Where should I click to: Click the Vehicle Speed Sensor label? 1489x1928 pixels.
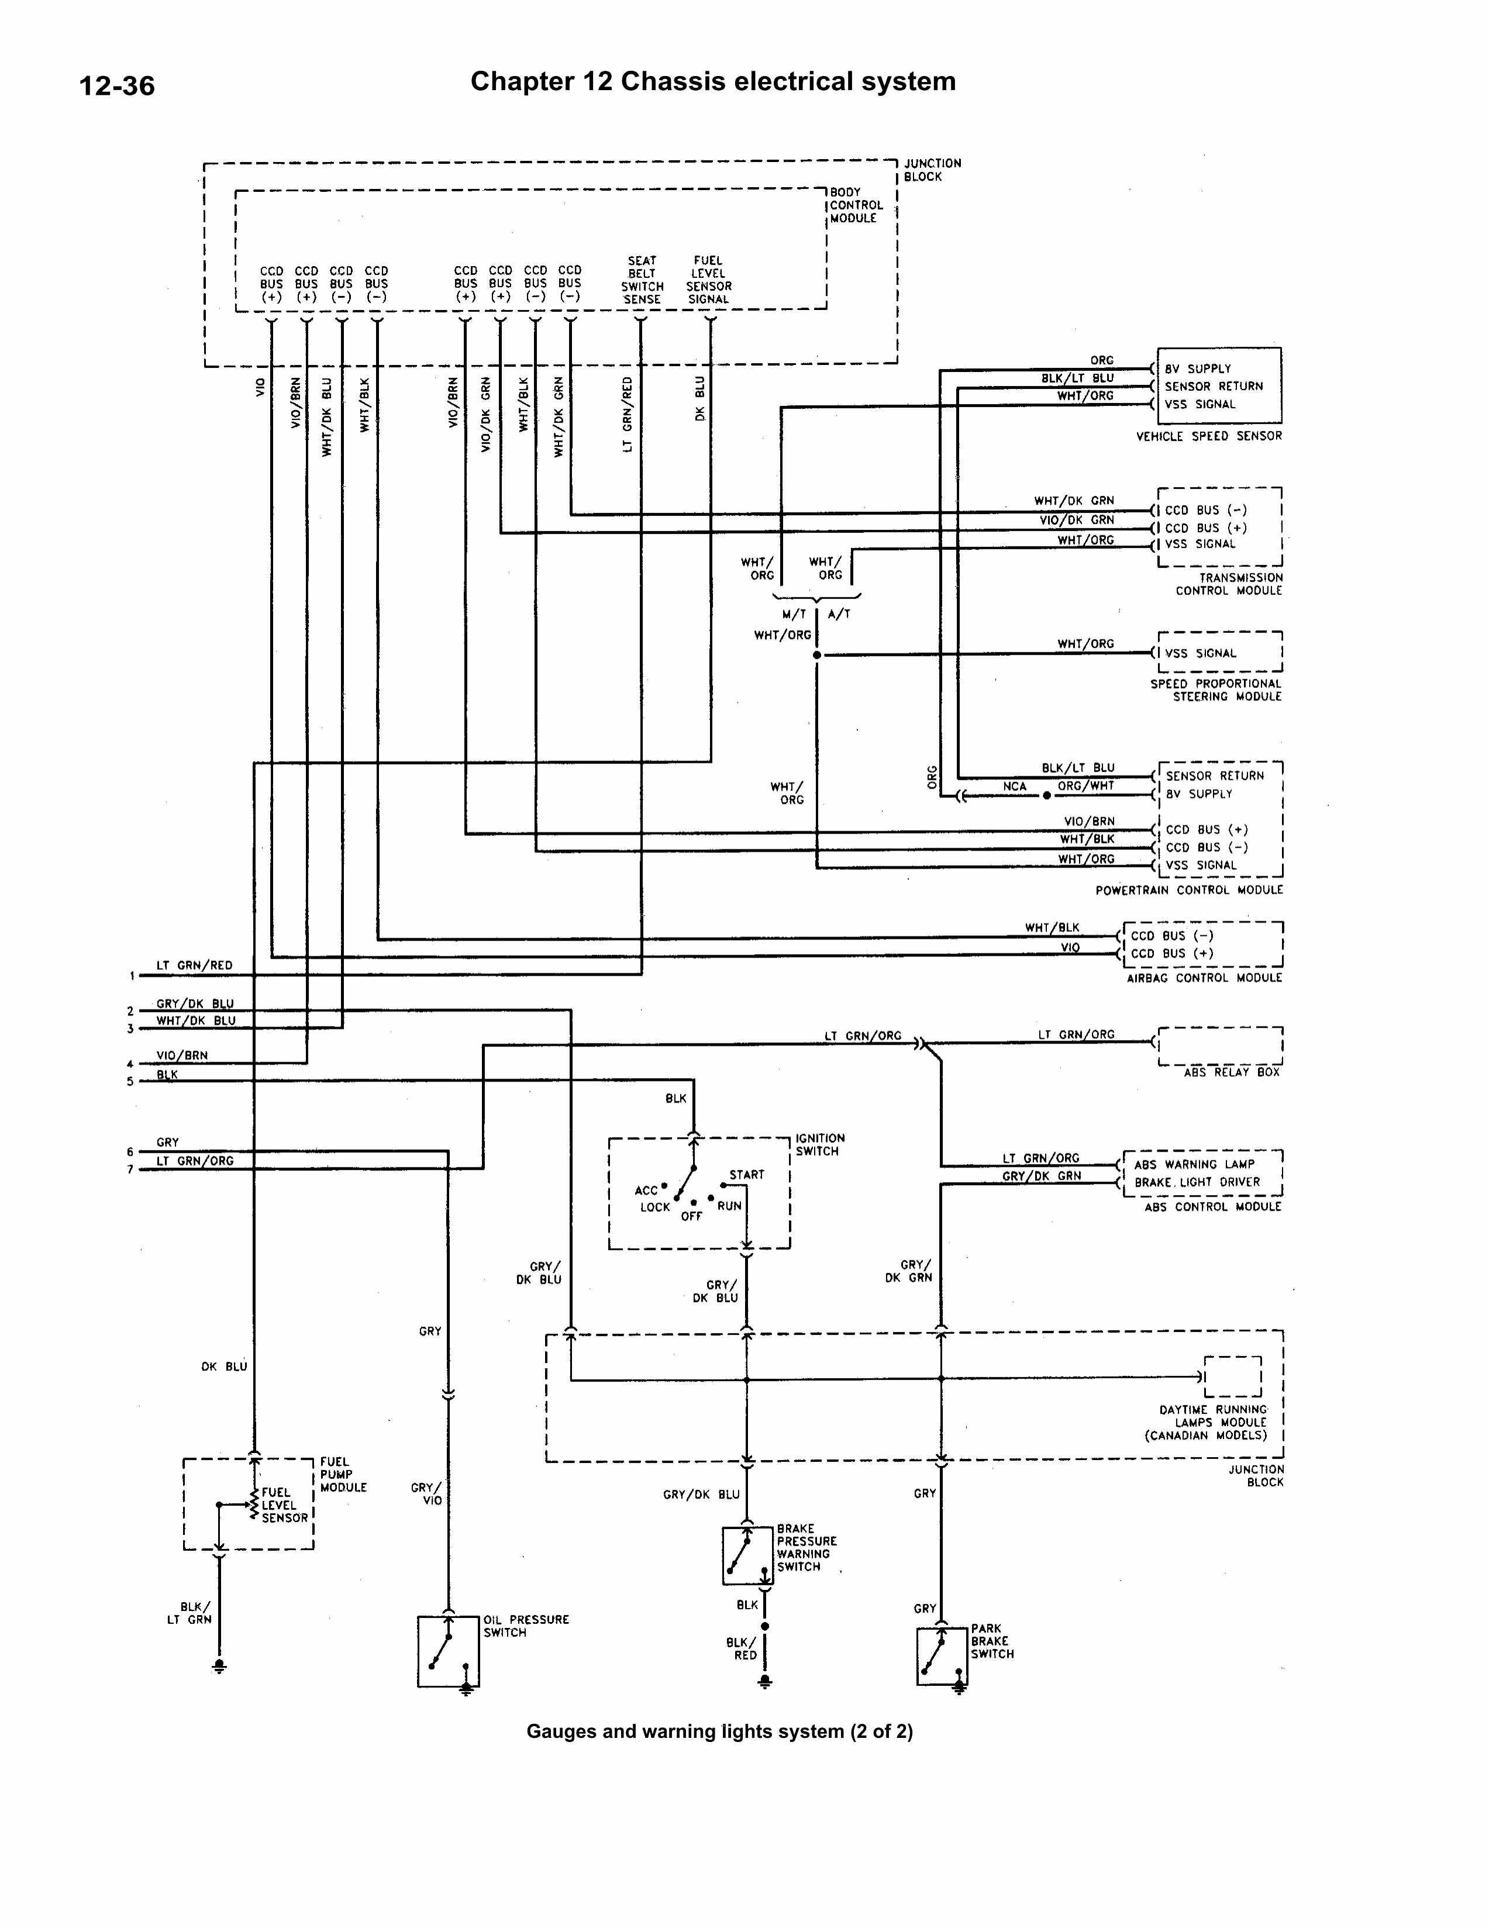point(1208,436)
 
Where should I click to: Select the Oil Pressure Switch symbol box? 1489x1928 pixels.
point(449,1651)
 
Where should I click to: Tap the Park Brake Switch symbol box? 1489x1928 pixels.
point(942,1655)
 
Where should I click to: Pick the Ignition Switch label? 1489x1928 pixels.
point(820,1145)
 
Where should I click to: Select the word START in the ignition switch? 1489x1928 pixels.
point(747,1175)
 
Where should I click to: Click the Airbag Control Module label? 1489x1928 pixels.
point(1204,978)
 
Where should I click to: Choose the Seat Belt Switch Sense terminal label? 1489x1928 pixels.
point(642,280)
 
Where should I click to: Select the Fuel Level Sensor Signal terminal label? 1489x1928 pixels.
point(709,280)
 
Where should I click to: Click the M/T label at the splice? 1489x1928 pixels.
point(794,614)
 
